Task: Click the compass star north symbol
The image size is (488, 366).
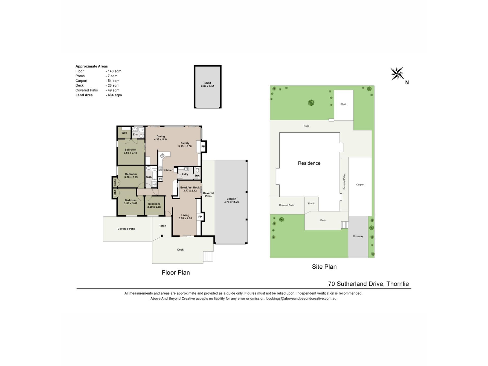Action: (x=397, y=74)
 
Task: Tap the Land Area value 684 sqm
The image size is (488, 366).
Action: (x=114, y=95)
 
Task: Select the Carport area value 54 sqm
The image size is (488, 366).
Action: (x=112, y=81)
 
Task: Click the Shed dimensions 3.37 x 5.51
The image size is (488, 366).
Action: (x=208, y=86)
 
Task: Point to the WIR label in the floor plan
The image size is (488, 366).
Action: (x=124, y=133)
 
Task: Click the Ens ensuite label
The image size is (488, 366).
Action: (x=135, y=134)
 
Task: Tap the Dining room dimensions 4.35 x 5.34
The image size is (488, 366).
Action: (x=161, y=140)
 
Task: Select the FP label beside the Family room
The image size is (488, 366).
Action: (x=203, y=147)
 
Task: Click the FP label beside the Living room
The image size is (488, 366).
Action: (x=200, y=217)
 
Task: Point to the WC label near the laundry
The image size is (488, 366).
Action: (x=197, y=176)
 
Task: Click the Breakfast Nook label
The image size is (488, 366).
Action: (x=190, y=188)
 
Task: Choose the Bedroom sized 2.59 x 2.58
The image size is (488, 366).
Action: (x=154, y=205)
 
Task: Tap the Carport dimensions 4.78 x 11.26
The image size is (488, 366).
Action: (x=232, y=202)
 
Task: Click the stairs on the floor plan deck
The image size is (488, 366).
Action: (x=208, y=256)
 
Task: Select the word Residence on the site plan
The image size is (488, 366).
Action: (x=309, y=163)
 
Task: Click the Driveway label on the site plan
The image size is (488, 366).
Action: (x=358, y=236)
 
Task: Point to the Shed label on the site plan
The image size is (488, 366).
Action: (x=343, y=104)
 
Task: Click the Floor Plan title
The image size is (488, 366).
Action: (x=176, y=272)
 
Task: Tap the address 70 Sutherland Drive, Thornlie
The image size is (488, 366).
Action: (x=369, y=284)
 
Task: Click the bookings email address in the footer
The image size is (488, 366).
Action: (x=301, y=299)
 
